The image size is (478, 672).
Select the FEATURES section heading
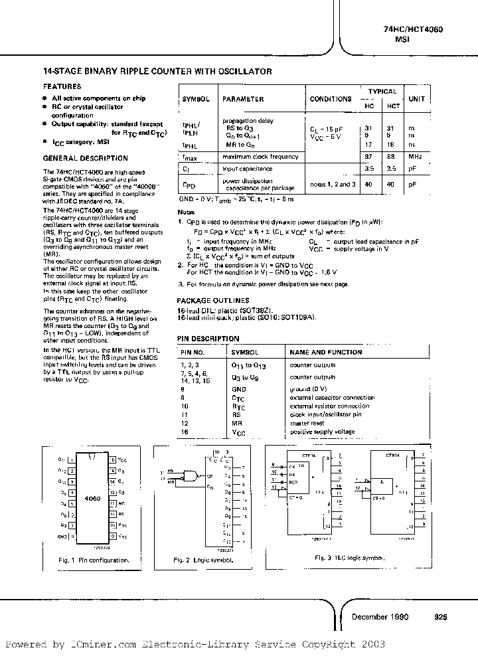click(x=62, y=86)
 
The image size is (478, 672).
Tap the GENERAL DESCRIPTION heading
click(x=85, y=158)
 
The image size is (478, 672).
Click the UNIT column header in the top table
click(x=417, y=98)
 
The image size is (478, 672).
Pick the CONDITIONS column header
click(x=331, y=99)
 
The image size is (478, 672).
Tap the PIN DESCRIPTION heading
click(x=208, y=339)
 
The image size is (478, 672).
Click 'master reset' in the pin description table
click(x=307, y=422)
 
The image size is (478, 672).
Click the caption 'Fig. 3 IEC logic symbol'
click(x=349, y=558)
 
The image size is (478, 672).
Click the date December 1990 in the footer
click(x=380, y=617)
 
